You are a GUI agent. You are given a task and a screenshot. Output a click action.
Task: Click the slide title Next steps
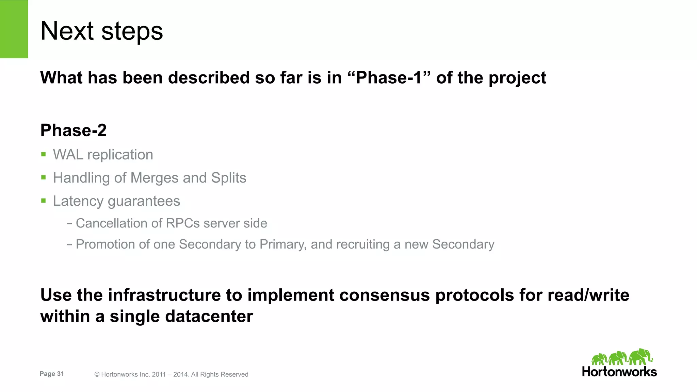101,31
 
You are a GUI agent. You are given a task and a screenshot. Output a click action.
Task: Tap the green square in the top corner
14,29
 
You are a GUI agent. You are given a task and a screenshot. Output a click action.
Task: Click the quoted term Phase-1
389,78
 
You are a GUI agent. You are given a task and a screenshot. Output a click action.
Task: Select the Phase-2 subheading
74,130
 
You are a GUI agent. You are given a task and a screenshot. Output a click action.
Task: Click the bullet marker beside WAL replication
43,154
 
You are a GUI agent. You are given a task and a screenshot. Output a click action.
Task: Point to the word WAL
68,155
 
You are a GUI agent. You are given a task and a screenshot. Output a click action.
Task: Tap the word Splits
228,178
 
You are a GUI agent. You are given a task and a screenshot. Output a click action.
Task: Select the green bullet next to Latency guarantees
43,201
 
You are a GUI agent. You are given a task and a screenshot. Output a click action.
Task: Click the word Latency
78,201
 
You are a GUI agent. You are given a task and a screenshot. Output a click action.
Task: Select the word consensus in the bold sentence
385,295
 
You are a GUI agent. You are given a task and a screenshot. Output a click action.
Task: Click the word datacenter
209,316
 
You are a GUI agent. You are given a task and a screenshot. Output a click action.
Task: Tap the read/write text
588,295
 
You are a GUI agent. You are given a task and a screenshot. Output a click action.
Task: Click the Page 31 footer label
52,374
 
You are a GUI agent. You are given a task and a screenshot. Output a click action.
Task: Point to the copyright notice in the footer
171,374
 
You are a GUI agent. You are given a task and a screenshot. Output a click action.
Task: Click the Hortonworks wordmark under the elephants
619,372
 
